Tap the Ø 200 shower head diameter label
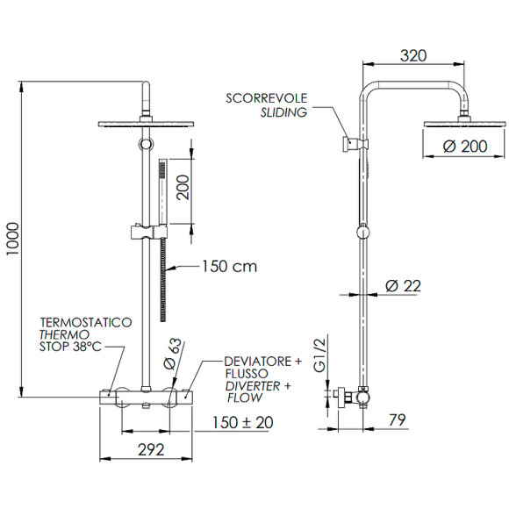465,147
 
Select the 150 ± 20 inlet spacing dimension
241,422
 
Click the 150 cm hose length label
230,265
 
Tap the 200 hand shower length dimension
183,186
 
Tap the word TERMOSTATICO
86,323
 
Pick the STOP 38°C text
70,347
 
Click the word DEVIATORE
251,360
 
